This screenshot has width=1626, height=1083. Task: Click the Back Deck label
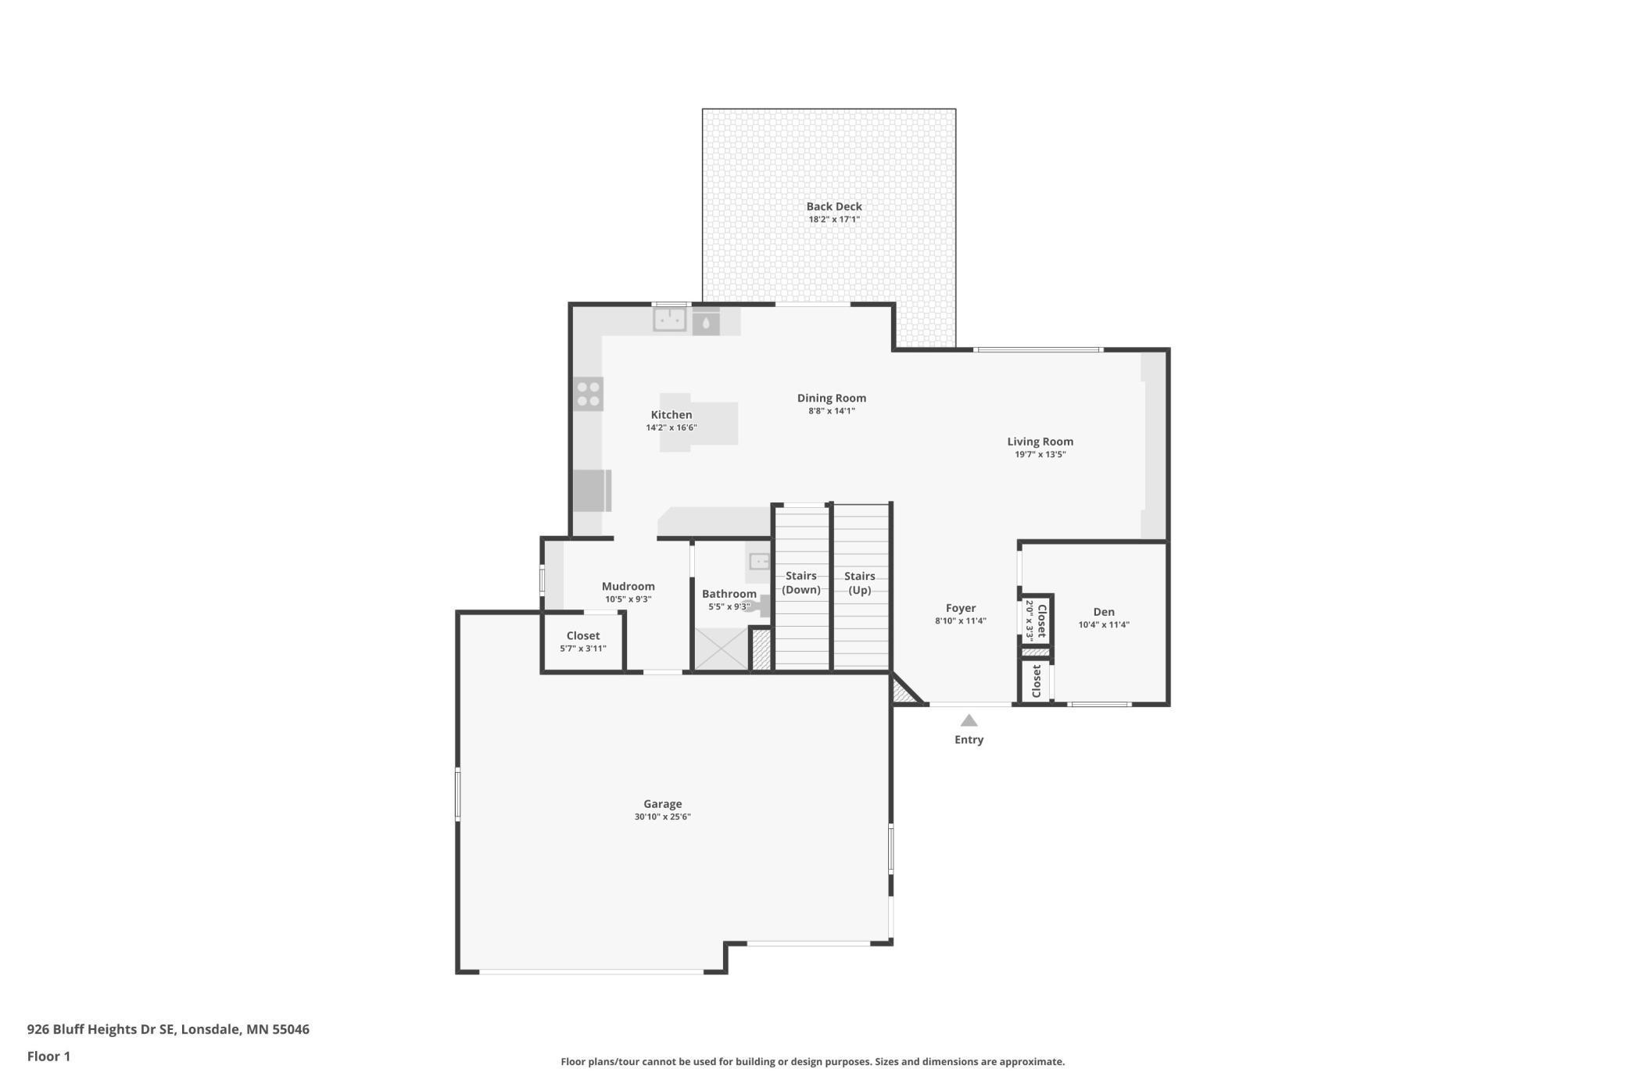tap(833, 206)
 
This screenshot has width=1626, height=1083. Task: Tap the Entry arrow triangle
tap(969, 720)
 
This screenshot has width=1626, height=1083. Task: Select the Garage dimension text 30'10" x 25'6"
tap(662, 817)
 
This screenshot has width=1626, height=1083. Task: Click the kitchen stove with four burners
tap(588, 394)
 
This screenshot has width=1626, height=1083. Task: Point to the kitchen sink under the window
tap(670, 320)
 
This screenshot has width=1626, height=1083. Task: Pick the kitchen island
tap(698, 423)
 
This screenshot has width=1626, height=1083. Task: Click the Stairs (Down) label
tap(801, 583)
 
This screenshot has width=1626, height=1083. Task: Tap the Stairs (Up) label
tap(859, 583)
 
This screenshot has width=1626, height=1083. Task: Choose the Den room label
tap(1104, 612)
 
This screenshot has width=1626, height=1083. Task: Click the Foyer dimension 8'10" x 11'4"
tap(960, 621)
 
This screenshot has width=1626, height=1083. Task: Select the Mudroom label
tap(628, 587)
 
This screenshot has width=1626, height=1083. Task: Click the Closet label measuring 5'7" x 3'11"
tap(583, 636)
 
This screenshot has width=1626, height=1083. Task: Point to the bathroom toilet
tap(758, 606)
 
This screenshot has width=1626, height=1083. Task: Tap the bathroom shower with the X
tap(721, 649)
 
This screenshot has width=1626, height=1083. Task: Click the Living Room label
tap(1040, 441)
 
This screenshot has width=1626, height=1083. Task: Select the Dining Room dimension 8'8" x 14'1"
tap(831, 411)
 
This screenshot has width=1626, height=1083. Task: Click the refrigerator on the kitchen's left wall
tap(591, 491)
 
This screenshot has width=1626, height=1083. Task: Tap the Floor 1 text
tap(48, 1056)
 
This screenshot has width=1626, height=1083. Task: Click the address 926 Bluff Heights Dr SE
tap(102, 1029)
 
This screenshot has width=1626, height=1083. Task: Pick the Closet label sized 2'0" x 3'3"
tap(1041, 620)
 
